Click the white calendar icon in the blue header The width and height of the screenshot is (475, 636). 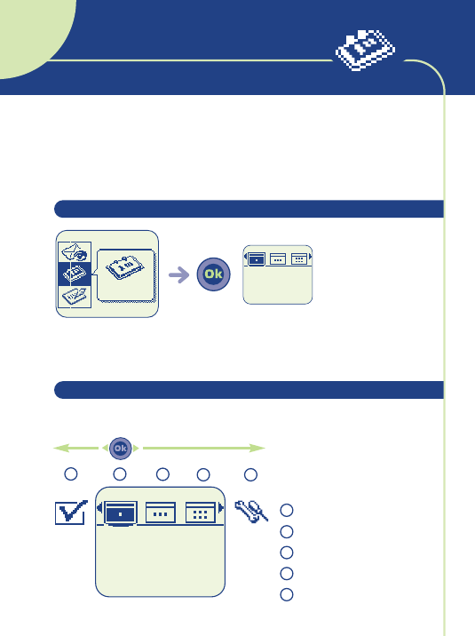tap(365, 49)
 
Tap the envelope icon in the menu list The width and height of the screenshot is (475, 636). tap(75, 252)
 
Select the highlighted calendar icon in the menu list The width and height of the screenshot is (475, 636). tap(75, 274)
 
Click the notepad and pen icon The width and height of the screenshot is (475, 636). tap(75, 297)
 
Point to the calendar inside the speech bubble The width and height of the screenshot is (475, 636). tap(125, 267)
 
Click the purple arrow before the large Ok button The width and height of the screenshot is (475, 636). tap(179, 275)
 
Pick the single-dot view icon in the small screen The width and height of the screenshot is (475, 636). tap(256, 258)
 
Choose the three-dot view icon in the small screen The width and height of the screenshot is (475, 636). tap(278, 258)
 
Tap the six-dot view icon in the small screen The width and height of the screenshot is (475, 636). tap(299, 258)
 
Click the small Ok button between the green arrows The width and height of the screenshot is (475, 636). tap(121, 449)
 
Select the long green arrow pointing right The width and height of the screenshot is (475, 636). tap(204, 449)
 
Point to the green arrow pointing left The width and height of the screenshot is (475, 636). tap(75, 449)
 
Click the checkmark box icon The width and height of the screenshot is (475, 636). tap(71, 513)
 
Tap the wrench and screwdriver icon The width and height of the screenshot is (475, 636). tap(251, 512)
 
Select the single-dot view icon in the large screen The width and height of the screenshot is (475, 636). tap(121, 513)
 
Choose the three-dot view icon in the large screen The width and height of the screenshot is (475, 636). tap(161, 513)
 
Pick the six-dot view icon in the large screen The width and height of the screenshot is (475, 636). tap(201, 513)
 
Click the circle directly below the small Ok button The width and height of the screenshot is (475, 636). tap(120, 474)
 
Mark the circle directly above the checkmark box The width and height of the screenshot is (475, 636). tap(71, 474)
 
